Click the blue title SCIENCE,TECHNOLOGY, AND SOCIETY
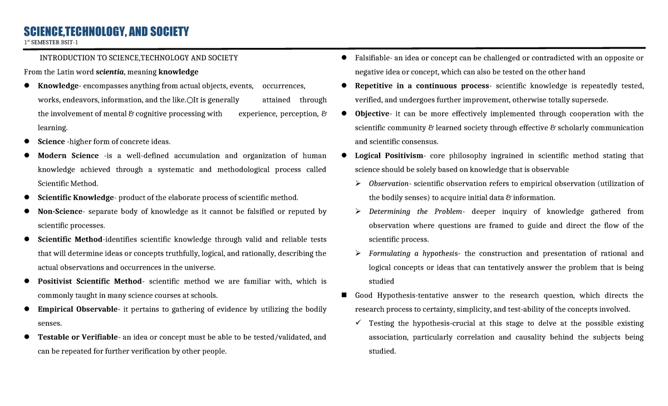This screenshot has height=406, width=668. click(106, 31)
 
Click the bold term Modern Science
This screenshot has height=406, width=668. click(68, 156)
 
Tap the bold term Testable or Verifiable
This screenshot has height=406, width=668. click(77, 337)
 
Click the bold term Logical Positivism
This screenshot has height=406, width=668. click(389, 156)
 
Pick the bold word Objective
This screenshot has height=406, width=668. click(372, 114)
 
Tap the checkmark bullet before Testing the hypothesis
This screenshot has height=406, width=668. click(358, 323)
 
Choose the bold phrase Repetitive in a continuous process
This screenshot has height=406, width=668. click(421, 86)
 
